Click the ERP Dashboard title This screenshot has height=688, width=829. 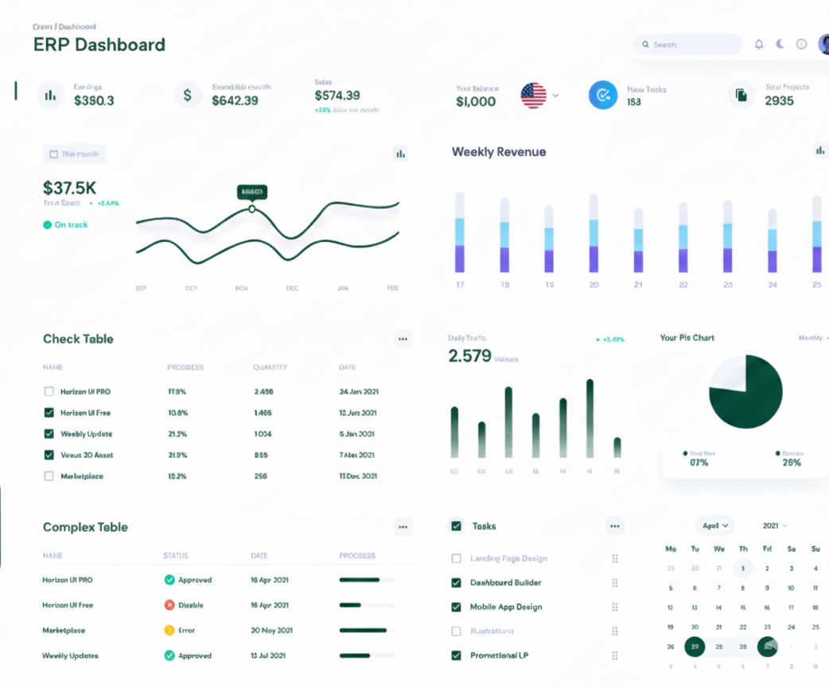click(x=99, y=45)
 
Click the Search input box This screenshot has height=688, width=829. click(x=687, y=45)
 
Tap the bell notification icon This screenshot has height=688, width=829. click(x=759, y=45)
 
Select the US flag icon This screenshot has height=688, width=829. click(x=534, y=96)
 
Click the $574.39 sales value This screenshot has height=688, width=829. click(x=337, y=96)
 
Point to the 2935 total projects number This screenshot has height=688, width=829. click(x=779, y=101)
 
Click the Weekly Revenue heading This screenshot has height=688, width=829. click(x=499, y=152)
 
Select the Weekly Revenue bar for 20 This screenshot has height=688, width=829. click(x=594, y=233)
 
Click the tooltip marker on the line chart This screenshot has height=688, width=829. click(x=252, y=209)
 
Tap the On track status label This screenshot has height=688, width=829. click(x=71, y=225)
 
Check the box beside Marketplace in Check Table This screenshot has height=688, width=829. click(x=49, y=476)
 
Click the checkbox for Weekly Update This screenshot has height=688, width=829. click(x=49, y=434)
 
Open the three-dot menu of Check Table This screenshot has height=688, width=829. click(x=403, y=339)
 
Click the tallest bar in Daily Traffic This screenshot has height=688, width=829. click(x=590, y=418)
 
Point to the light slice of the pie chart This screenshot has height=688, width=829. click(x=729, y=374)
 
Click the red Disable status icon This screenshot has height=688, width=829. click(x=169, y=605)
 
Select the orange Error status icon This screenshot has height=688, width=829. click(x=169, y=631)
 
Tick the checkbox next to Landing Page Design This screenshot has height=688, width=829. click(x=456, y=559)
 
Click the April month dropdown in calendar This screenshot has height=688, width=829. click(x=715, y=526)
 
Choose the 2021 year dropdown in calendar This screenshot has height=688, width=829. click(x=775, y=526)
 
